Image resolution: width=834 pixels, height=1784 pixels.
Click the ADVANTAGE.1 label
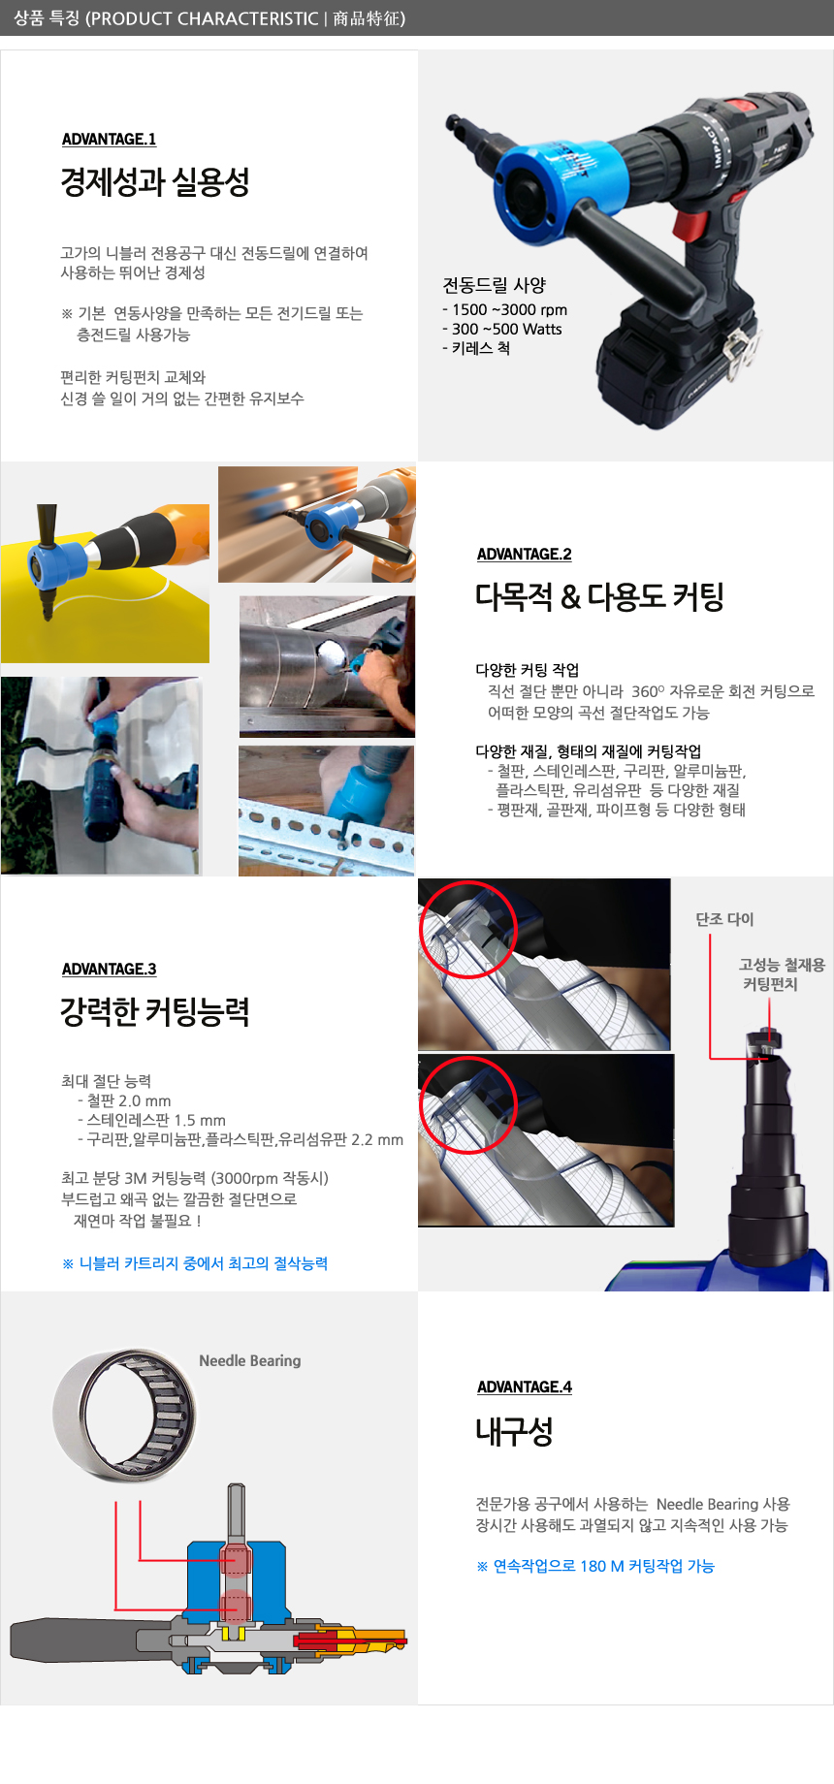[x=109, y=140]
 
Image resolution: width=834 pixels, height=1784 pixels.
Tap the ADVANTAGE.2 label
[x=524, y=555]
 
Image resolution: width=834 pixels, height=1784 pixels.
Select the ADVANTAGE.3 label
[x=109, y=970]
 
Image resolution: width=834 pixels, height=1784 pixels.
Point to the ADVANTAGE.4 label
[x=524, y=1387]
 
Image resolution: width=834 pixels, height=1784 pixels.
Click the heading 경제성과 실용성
[x=155, y=181]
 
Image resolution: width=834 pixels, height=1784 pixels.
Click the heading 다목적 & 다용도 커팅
[x=599, y=596]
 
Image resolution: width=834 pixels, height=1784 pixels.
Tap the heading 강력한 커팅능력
[x=155, y=1012]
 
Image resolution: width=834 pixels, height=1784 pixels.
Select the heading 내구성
[x=514, y=1431]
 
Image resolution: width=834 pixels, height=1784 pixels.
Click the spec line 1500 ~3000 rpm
[x=504, y=310]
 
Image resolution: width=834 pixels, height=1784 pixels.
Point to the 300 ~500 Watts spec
[x=501, y=330]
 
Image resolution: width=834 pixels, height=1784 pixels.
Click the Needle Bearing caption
[x=250, y=1361]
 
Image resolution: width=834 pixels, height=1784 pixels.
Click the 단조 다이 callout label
[x=724, y=919]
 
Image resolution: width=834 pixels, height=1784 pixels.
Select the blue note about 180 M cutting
[x=595, y=1566]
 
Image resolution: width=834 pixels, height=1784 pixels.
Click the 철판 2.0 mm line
[x=124, y=1101]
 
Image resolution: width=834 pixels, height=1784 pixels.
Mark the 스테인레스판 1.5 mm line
[x=151, y=1121]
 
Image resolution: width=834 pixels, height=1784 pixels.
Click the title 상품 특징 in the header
[x=48, y=18]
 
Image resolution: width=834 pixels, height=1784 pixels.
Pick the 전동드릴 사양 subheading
[x=495, y=285]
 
